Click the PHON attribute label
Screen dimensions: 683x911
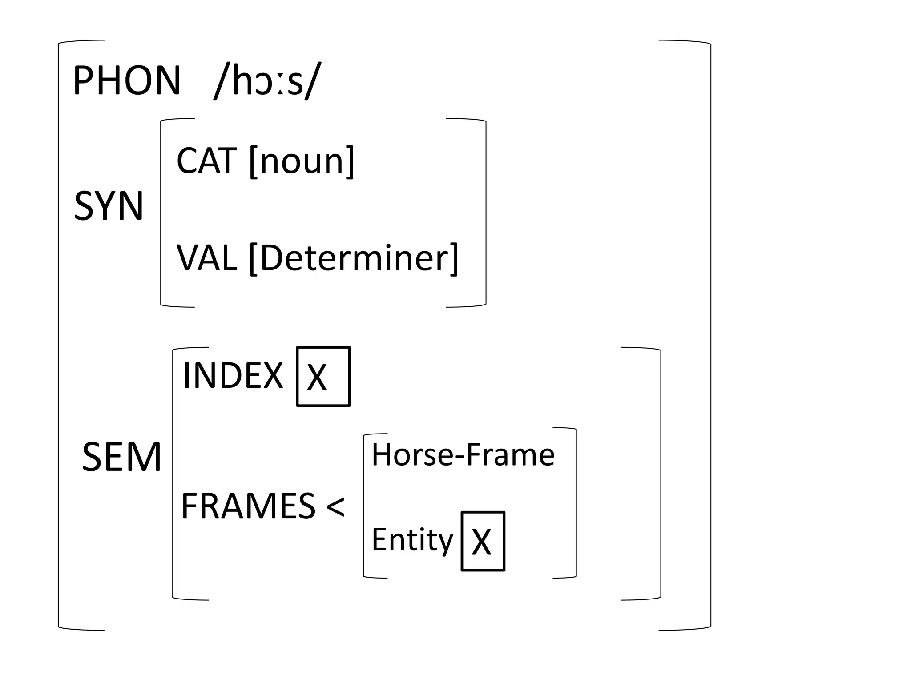click(127, 80)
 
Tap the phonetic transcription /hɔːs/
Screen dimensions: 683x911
click(267, 81)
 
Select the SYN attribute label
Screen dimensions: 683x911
click(109, 205)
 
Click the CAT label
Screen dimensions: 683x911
click(206, 161)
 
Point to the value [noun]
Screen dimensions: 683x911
click(302, 161)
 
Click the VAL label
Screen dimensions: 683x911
click(206, 258)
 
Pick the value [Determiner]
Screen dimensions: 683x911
click(354, 258)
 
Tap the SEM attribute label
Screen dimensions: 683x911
click(121, 457)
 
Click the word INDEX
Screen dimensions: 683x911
click(233, 376)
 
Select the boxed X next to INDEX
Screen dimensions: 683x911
click(323, 377)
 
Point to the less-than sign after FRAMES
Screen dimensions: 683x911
click(335, 507)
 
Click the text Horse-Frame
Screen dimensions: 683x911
click(463, 455)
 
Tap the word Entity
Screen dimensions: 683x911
click(412, 540)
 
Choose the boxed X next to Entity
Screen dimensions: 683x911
click(483, 541)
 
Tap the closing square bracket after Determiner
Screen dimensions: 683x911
click(454, 259)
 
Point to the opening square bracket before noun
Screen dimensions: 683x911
click(254, 161)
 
